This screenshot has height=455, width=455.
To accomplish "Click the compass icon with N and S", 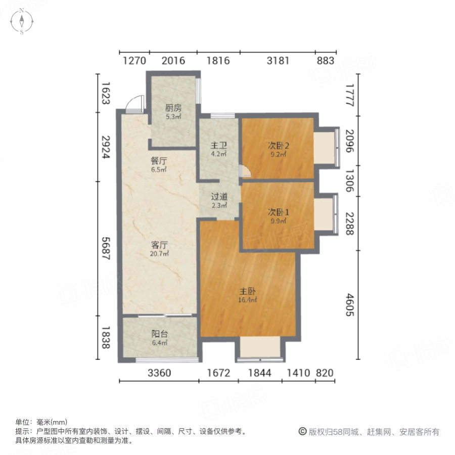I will (22, 22).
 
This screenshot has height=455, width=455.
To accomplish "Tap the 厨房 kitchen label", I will (173, 108).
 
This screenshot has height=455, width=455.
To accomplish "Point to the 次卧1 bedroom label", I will (278, 212).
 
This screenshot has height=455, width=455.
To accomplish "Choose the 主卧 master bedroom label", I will (248, 292).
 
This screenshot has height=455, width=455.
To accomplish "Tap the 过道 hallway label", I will (219, 197).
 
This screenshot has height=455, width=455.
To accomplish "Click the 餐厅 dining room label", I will (159, 161).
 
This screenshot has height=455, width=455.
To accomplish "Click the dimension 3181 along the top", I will (278, 61).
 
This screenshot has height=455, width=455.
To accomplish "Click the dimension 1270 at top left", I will (134, 61).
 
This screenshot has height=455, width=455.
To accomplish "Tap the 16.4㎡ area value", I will (248, 300).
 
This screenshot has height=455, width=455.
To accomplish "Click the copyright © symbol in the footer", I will (302, 432).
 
